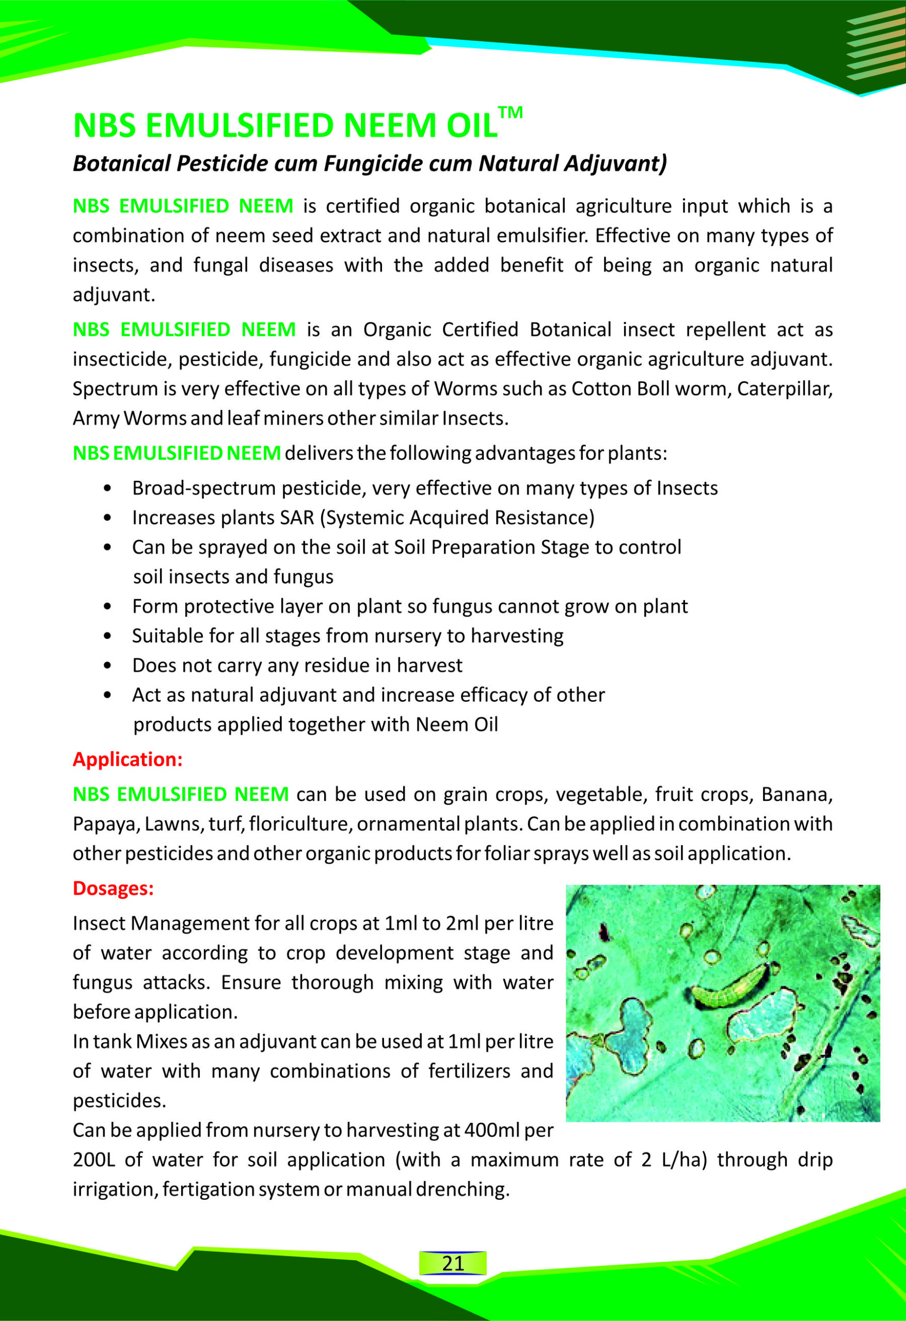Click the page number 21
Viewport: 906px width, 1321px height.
click(453, 1263)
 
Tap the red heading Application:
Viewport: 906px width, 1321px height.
click(128, 760)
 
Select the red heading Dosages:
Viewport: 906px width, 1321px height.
click(113, 889)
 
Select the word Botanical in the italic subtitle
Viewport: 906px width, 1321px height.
click(121, 164)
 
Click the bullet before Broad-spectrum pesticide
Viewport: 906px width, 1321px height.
click(107, 489)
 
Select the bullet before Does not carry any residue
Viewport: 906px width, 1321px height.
click(107, 666)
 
